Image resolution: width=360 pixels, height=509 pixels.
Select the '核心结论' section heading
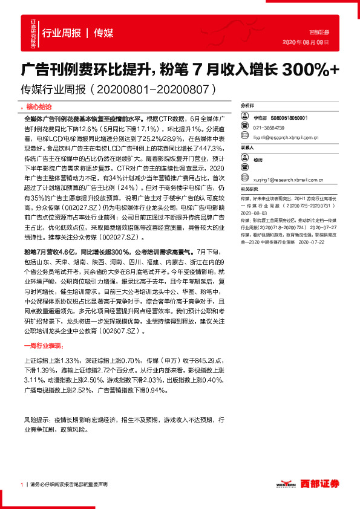[x=41, y=106]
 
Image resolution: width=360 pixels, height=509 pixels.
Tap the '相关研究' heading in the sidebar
[x=248, y=190]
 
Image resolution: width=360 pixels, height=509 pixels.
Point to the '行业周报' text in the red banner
[x=61, y=33]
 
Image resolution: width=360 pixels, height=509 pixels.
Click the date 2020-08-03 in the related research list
[x=254, y=213]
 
